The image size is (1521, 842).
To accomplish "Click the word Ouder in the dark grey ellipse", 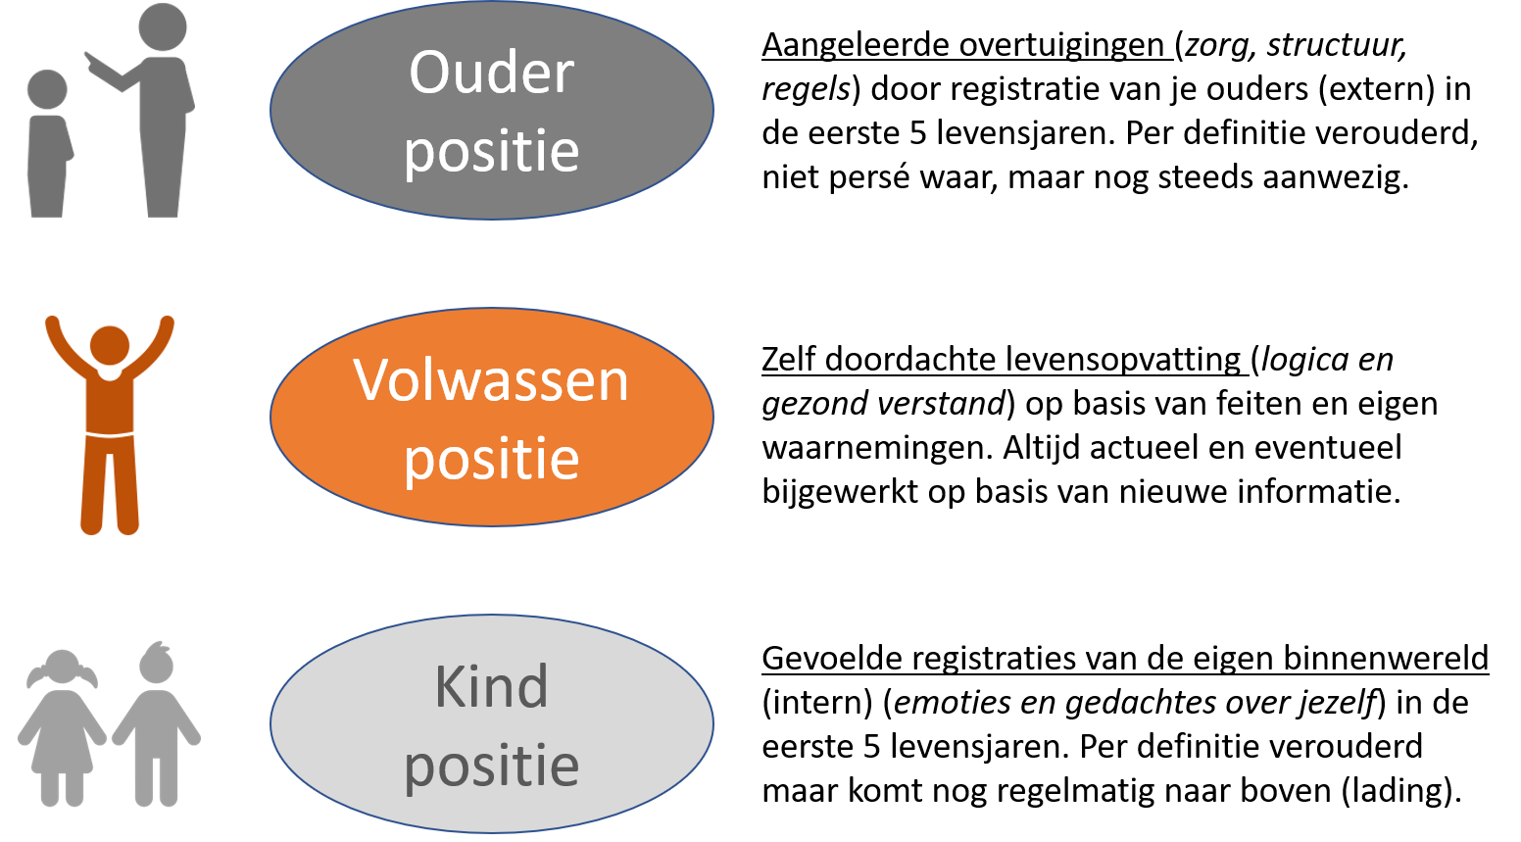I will point(491,74).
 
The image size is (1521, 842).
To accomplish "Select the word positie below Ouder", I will point(491,152).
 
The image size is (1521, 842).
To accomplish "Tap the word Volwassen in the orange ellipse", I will point(491,380).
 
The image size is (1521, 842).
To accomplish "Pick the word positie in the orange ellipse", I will point(491,459).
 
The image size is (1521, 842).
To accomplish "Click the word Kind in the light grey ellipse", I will point(491,687).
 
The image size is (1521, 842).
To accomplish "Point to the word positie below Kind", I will point(491,766).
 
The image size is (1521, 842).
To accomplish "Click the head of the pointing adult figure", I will point(163,27).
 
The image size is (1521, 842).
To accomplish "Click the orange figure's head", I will point(109,346).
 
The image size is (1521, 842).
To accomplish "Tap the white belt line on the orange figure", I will point(109,432).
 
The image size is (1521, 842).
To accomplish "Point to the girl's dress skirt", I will point(63,750).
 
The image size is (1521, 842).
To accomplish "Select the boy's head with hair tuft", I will point(156,665).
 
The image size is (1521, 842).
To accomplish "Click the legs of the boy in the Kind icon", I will point(157,774).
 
